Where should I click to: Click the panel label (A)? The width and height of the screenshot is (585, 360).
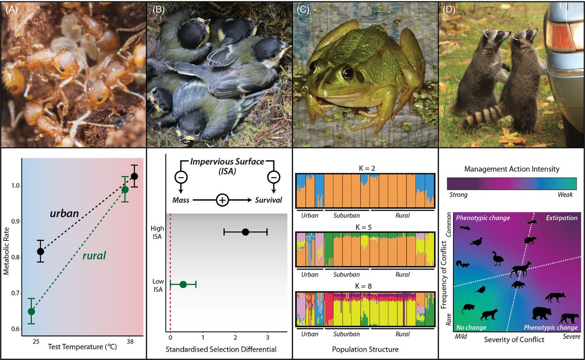click(x=10, y=7)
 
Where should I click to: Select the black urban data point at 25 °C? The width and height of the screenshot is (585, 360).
click(x=40, y=252)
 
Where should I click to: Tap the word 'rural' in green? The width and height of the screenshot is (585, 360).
click(x=94, y=256)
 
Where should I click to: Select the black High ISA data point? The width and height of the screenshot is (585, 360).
click(x=245, y=232)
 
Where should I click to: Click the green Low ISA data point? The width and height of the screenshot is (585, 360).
click(x=183, y=284)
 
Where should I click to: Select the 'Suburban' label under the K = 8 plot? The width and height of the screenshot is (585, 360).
click(x=346, y=334)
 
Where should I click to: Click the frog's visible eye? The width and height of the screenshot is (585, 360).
click(x=347, y=74)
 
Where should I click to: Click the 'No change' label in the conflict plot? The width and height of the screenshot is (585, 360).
click(x=470, y=327)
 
